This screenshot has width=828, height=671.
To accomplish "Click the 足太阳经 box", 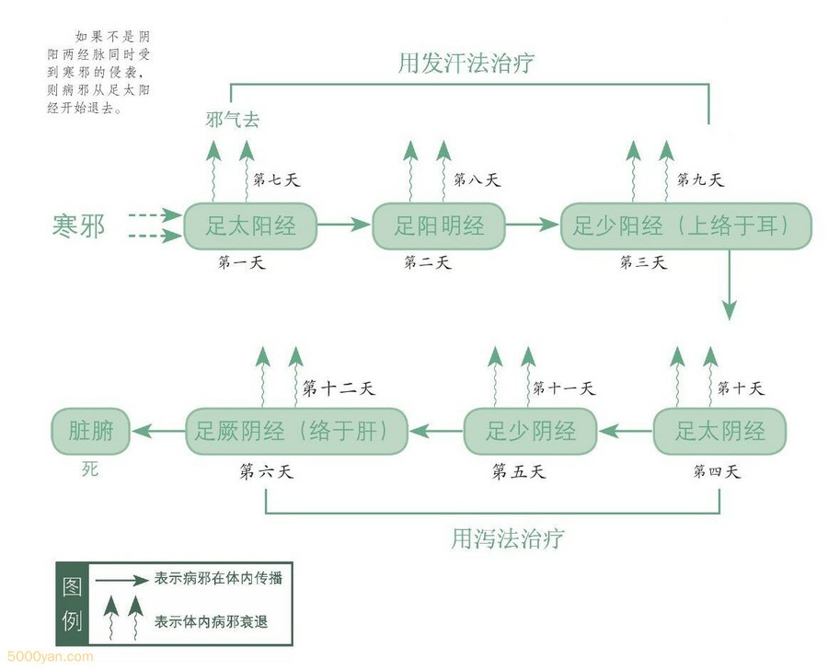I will tap(250, 226).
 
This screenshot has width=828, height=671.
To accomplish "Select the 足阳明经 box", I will tap(438, 226).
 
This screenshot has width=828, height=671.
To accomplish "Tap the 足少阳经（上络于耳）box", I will tap(685, 226).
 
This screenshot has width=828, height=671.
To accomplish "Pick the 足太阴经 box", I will tap(720, 431).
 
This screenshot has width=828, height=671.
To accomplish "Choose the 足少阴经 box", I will tap(530, 431).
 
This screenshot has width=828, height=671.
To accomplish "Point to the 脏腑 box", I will tap(91, 431).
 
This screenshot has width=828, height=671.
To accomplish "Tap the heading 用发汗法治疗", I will tap(466, 64).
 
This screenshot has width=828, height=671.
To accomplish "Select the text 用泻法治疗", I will tap(507, 538).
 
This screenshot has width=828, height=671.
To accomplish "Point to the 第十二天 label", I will tap(339, 388).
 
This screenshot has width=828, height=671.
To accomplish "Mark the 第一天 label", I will tap(243, 263).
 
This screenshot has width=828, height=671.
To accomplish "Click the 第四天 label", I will tap(717, 472).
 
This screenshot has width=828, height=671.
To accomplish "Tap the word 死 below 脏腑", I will tap(89, 469).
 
